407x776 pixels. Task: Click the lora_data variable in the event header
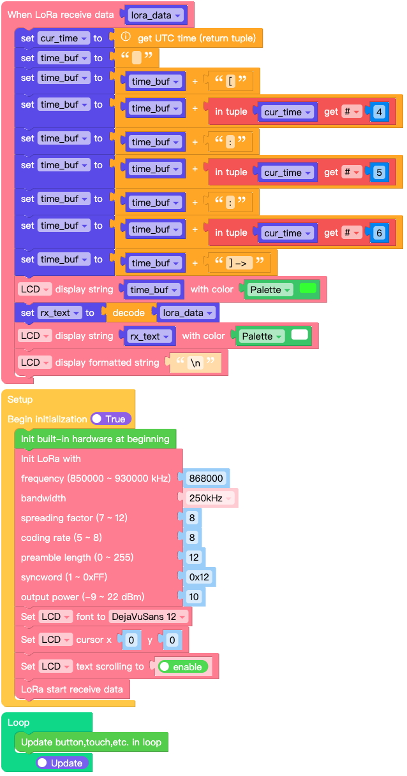coord(155,15)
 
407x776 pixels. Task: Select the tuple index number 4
coord(379,112)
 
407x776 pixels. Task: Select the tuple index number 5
coord(379,173)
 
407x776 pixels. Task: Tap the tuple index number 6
coord(379,233)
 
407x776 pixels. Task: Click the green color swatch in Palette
coord(307,289)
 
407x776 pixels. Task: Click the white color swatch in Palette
coord(299,335)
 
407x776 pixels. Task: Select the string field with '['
coord(232,82)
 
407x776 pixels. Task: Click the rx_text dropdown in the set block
coord(59,313)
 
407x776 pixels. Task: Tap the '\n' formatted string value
coord(196,363)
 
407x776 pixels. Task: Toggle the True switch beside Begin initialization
coord(111,419)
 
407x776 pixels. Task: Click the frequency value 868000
coord(205,478)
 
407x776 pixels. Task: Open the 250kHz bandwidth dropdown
coord(210,498)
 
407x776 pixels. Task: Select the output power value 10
coord(193,597)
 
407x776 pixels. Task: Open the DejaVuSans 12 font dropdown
coord(149,617)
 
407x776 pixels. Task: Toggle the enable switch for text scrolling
coord(182,666)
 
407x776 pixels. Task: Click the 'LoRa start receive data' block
coord(71,689)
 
